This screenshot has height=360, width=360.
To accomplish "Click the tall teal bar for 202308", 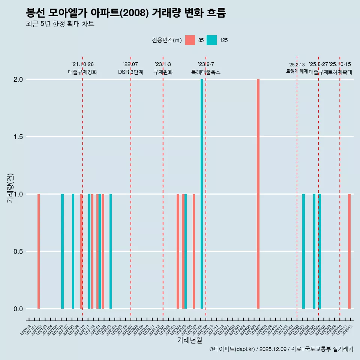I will click(x=202, y=194).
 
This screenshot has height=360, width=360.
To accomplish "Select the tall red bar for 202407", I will click(x=258, y=194).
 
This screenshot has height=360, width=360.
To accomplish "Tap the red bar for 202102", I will click(x=39, y=251).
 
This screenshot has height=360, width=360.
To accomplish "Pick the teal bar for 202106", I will click(x=62, y=251).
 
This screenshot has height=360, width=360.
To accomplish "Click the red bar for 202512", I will click(x=349, y=251).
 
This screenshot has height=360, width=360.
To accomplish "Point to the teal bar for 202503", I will click(x=303, y=251).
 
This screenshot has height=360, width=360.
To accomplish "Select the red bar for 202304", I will click(x=178, y=251).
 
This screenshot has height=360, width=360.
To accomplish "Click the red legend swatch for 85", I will click(x=190, y=40).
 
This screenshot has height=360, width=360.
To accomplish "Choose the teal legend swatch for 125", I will click(x=211, y=40).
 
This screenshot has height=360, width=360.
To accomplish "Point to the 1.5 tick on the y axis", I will click(x=18, y=137).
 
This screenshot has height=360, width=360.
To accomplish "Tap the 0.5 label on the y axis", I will click(x=18, y=252).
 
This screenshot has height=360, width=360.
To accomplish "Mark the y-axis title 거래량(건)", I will click(x=10, y=188).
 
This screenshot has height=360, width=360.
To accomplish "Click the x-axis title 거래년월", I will click(x=190, y=340).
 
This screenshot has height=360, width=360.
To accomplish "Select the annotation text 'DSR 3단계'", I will click(x=130, y=72).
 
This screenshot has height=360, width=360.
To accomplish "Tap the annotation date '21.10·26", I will click(x=82, y=64).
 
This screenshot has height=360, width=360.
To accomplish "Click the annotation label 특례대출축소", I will click(x=206, y=72).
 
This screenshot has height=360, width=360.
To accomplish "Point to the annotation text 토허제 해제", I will click(x=297, y=71).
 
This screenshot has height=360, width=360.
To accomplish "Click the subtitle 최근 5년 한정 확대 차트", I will click(x=60, y=24).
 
